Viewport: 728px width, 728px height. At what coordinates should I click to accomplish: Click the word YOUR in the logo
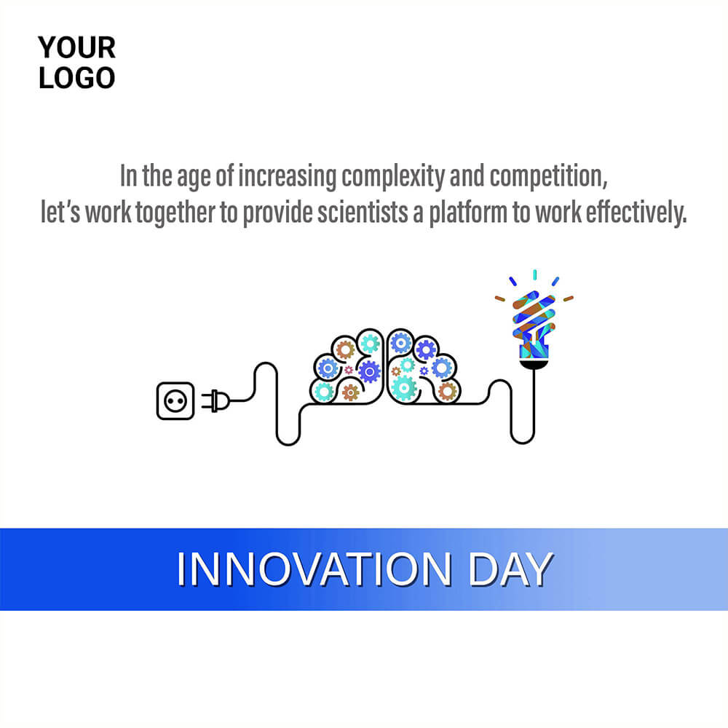click(x=76, y=47)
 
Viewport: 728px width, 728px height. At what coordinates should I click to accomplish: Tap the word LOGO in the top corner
click(x=76, y=78)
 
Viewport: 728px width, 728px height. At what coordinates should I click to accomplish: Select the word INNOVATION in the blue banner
click(x=314, y=569)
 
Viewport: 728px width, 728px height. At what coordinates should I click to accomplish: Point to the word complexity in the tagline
click(x=393, y=177)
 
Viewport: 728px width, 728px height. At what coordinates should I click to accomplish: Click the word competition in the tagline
click(x=548, y=177)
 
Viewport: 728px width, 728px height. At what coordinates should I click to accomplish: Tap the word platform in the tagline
click(x=468, y=213)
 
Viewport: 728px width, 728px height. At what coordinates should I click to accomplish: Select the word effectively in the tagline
click(x=636, y=213)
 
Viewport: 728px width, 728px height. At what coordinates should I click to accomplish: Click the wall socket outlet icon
click(x=175, y=400)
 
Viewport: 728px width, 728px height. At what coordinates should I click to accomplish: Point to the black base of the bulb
click(x=534, y=365)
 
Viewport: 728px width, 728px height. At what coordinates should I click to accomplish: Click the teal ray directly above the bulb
click(x=535, y=274)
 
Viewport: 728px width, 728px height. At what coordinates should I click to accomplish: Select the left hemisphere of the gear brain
click(x=347, y=367)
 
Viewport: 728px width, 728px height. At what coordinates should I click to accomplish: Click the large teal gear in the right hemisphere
click(x=403, y=388)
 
